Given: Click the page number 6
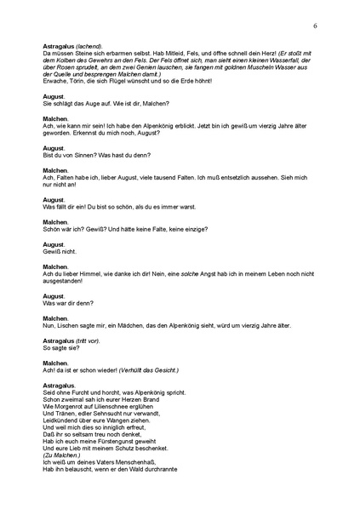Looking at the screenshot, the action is click(315, 26).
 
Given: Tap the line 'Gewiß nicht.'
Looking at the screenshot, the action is click(58, 253).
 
